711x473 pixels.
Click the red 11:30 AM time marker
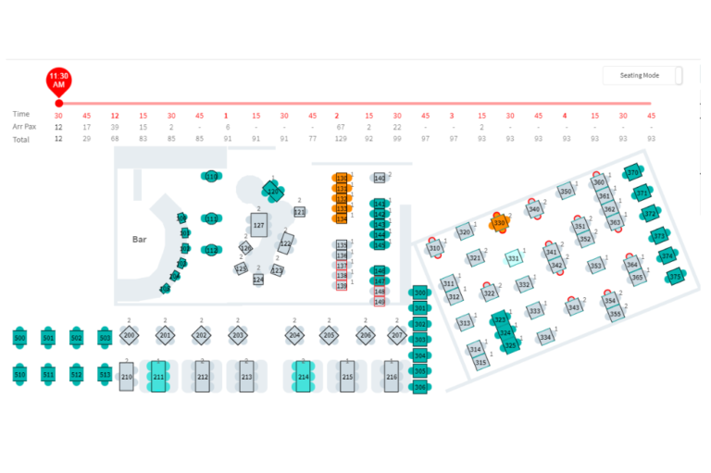58,80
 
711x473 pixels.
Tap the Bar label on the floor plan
140,239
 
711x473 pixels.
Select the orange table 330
500,223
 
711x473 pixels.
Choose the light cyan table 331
513,258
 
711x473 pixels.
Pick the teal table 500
20,338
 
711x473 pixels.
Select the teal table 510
20,374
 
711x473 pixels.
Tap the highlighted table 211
158,377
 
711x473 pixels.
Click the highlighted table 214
303,377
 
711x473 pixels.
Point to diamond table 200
130,335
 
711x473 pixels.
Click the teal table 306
419,386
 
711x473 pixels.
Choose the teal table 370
633,173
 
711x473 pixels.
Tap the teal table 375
675,276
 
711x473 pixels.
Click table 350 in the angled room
565,193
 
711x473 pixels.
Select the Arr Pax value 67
341,127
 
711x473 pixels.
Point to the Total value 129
341,139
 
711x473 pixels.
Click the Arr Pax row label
25,127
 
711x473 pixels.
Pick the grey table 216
392,377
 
